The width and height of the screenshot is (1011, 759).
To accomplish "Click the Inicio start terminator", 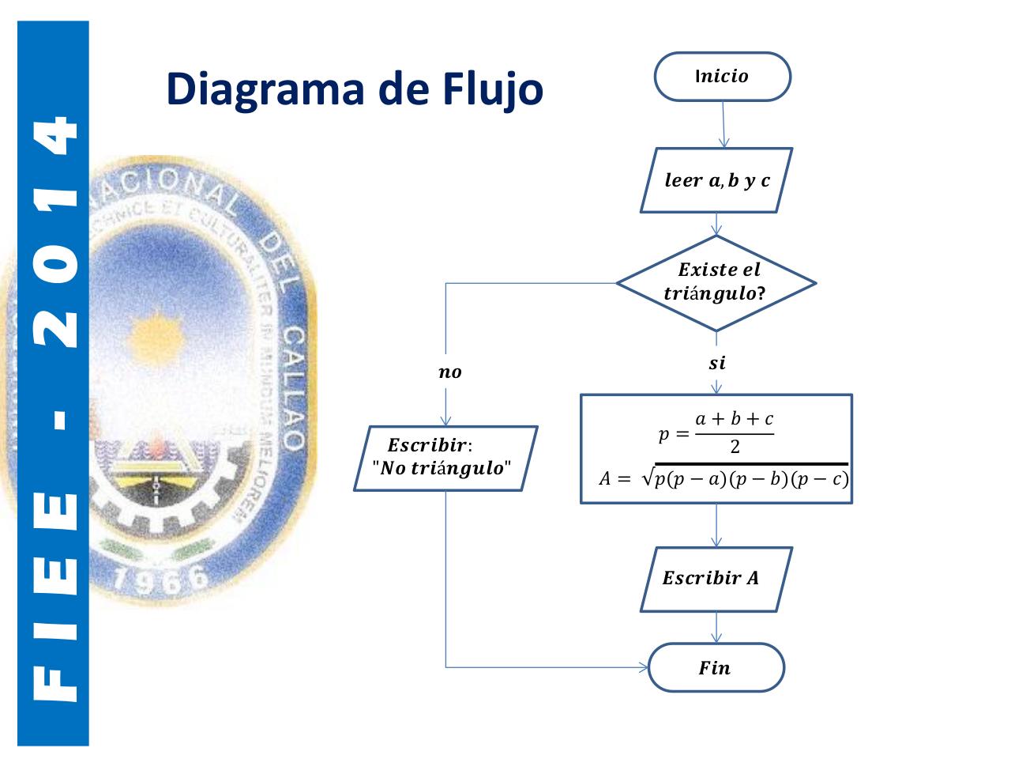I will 722,77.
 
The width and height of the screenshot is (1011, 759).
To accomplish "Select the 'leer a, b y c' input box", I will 716,180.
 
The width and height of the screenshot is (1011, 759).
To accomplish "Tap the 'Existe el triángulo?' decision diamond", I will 716,282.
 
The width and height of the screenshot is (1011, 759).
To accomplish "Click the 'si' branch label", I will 716,363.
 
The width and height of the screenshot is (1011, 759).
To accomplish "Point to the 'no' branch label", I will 449,372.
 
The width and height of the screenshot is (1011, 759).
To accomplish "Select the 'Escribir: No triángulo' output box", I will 445,459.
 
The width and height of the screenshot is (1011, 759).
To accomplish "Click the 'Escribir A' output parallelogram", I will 716,579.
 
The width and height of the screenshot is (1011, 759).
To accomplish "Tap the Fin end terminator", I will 716,668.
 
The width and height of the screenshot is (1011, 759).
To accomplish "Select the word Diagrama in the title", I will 265,89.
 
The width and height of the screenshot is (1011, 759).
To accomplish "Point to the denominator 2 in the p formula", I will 735,447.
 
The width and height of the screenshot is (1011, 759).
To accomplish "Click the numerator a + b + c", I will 734,419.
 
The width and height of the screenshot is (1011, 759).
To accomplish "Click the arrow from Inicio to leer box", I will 723,125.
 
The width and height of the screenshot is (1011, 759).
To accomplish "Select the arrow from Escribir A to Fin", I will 716,628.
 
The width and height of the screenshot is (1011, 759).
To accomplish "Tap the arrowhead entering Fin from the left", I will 644,667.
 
